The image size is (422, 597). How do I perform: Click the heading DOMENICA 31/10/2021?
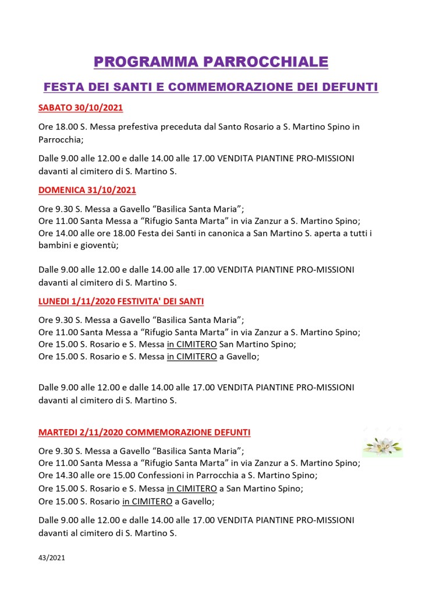87,190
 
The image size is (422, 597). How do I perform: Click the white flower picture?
382,444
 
